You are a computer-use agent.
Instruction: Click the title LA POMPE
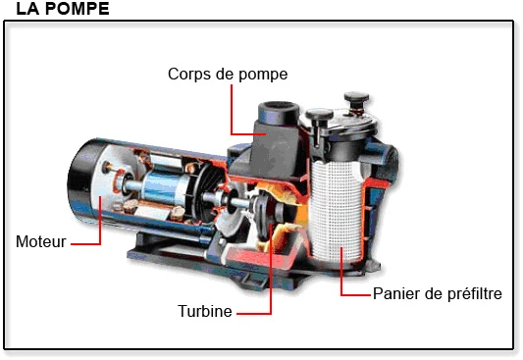(x=56, y=10)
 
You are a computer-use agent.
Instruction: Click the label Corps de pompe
(x=228, y=74)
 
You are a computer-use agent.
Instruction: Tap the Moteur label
(x=40, y=240)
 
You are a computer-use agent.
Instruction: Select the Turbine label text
(x=204, y=312)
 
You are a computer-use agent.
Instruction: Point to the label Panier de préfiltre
(x=437, y=293)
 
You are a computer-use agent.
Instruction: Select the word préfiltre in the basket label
(x=471, y=293)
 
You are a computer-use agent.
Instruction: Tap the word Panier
(x=393, y=293)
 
